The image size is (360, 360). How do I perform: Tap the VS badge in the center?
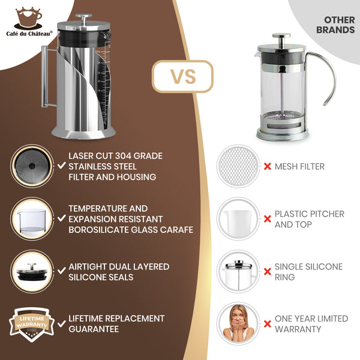pyautogui.click(x=182, y=76)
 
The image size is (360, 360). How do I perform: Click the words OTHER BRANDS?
pyautogui.click(x=335, y=25)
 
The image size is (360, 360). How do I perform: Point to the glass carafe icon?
pyautogui.click(x=28, y=219)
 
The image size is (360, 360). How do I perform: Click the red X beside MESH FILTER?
pyautogui.click(x=267, y=166)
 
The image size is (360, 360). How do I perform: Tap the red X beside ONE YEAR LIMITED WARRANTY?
pyautogui.click(x=267, y=324)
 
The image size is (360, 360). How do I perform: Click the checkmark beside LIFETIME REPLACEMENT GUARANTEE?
pyautogui.click(x=62, y=323)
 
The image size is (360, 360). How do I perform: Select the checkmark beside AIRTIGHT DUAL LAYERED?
pyautogui.click(x=62, y=272)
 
